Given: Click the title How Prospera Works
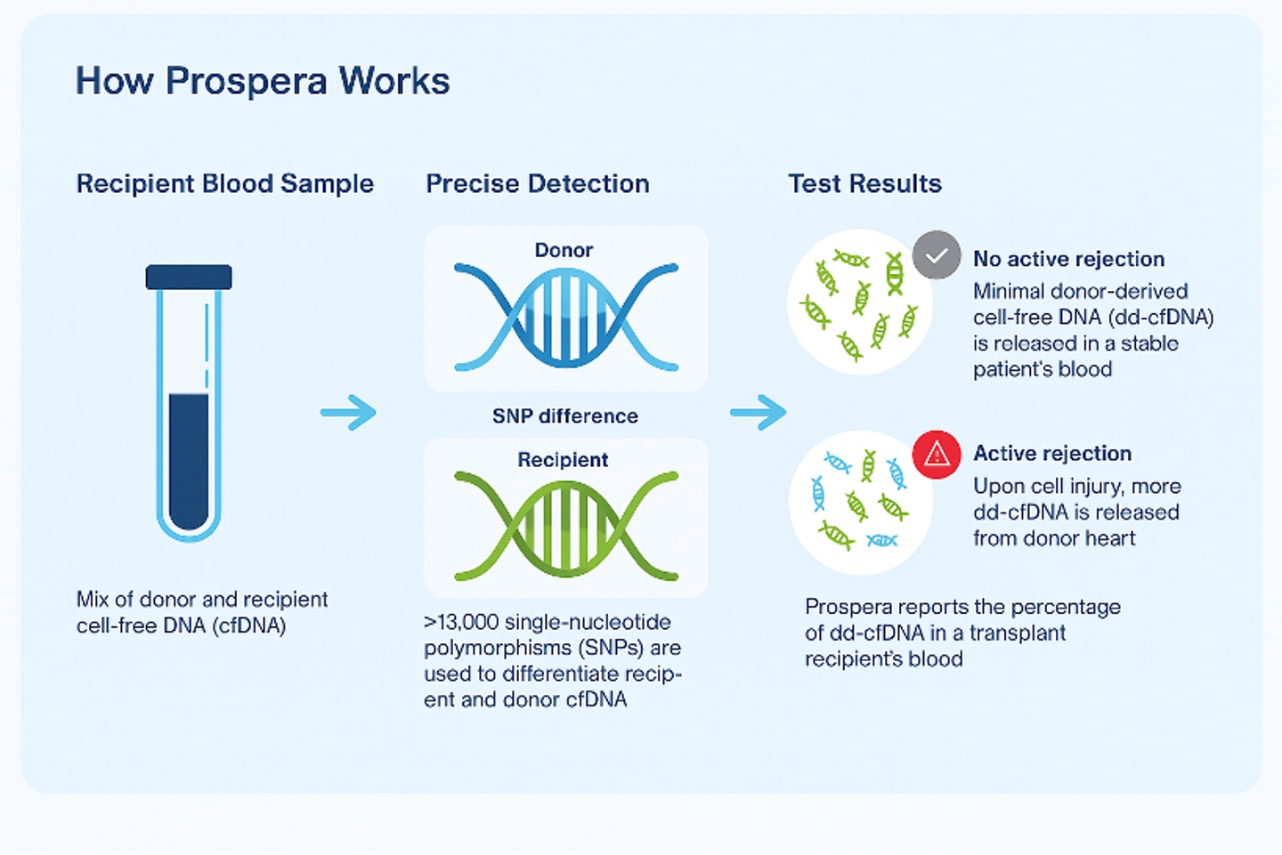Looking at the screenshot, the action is coord(263,80).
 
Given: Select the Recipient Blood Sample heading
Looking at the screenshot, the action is coord(225,184).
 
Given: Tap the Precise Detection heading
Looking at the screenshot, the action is coord(538,184).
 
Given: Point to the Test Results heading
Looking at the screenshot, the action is coord(864,184).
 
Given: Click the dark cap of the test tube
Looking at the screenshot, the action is coord(189,277).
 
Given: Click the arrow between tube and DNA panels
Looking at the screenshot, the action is coord(349,412).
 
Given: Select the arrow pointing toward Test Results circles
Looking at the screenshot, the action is coord(759,412).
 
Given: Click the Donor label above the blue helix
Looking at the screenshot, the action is coord(564,250).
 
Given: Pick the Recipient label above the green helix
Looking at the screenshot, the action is coord(563,460).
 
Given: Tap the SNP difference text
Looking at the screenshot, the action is coord(564,415).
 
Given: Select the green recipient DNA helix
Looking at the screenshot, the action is coord(566,526).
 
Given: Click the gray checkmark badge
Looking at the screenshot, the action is coord(937,255).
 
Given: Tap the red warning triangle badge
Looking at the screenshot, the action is coord(937,455).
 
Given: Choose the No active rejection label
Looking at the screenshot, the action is coord(1068,259).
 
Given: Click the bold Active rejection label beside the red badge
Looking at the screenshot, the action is coord(1052,454).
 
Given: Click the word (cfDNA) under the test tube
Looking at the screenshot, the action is coord(249,625).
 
